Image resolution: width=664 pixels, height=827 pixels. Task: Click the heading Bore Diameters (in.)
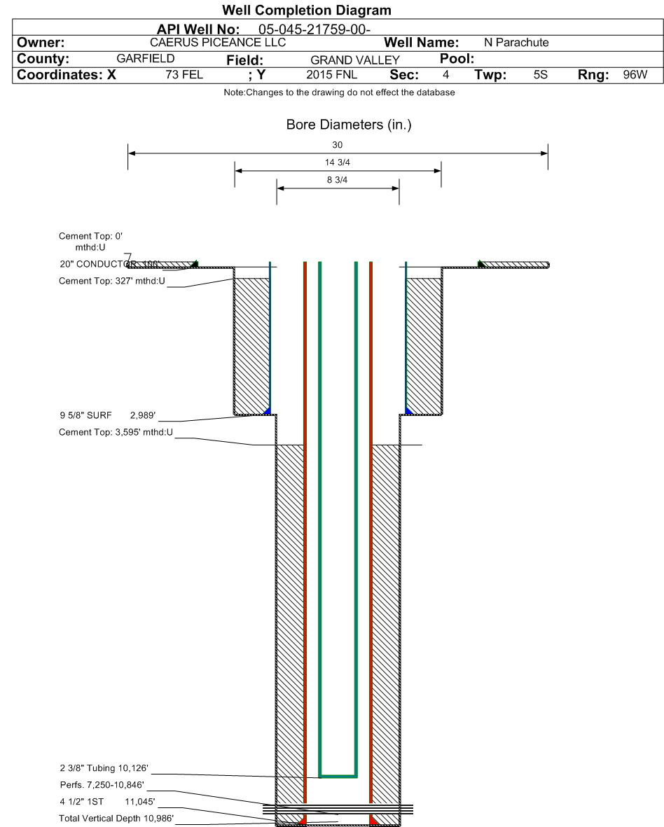pyautogui.click(x=338, y=125)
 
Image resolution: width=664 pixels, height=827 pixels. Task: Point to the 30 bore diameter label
pyautogui.click(x=338, y=144)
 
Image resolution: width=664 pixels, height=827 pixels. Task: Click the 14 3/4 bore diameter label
pyautogui.click(x=338, y=162)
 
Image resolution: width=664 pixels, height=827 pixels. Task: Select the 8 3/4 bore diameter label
pyautogui.click(x=338, y=180)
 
